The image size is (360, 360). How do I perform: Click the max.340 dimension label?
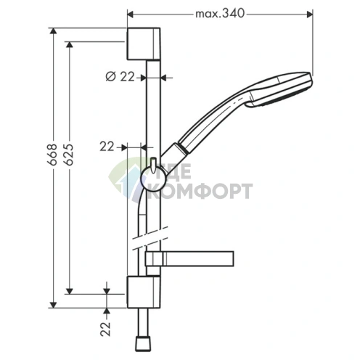click(x=220, y=14)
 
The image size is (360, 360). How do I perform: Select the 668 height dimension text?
click(x=52, y=155)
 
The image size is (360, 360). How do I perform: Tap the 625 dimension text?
click(x=68, y=155)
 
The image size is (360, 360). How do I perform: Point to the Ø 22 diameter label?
click(x=120, y=77)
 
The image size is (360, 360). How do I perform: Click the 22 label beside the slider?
click(x=107, y=147)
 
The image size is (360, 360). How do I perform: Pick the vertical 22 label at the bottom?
click(x=105, y=329)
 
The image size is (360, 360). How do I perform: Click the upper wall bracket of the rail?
click(x=144, y=44)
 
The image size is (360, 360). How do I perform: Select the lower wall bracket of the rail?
click(x=144, y=292)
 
